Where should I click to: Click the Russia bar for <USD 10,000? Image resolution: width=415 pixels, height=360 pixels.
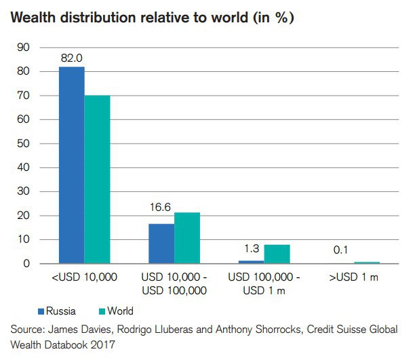(x=71, y=165)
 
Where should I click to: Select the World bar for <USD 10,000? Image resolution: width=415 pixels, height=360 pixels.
(x=97, y=179)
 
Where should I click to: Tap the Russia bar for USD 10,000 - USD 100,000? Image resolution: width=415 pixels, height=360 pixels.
(x=161, y=243)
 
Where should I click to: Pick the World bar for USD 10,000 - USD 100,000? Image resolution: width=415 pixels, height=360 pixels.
(x=187, y=238)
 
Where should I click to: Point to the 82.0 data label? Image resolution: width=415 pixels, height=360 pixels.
(x=71, y=58)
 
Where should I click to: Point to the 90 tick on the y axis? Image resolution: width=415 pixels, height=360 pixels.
(x=22, y=47)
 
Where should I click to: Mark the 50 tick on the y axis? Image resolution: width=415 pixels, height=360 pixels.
(x=22, y=144)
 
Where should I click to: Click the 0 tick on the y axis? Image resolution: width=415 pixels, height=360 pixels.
(x=26, y=264)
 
